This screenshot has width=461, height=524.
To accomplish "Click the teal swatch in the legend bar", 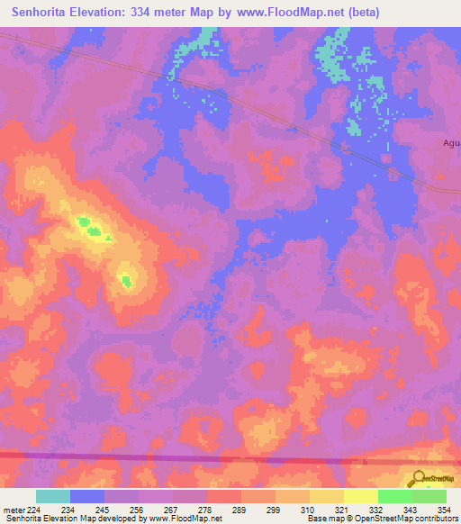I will [53, 495].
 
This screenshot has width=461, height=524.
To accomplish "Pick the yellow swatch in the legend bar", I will [360, 495].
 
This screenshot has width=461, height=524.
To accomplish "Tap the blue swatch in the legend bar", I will [87, 495].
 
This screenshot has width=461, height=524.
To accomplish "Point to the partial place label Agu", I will [451, 142].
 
